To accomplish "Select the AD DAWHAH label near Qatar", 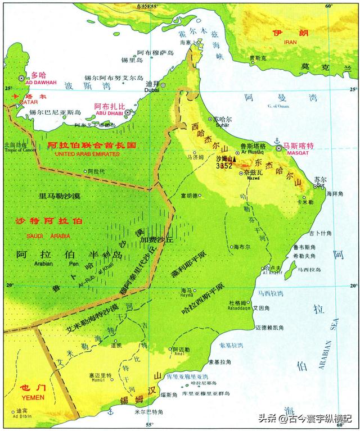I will coord(42,82).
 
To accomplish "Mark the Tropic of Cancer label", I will coord(16,150).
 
